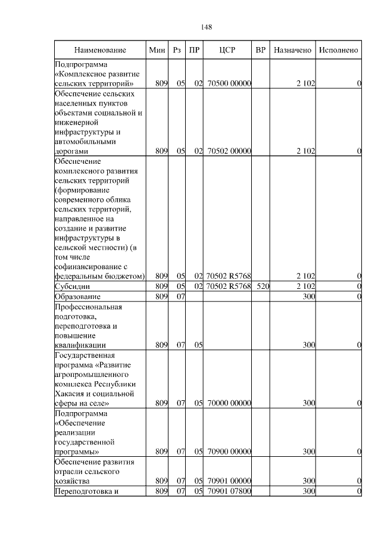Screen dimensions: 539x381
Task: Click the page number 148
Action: click(206, 27)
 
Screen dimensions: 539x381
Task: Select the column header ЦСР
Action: click(228, 50)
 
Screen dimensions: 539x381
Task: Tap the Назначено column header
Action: click(292, 50)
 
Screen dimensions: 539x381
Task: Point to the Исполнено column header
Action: click(338, 50)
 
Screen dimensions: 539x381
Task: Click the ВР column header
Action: click(261, 50)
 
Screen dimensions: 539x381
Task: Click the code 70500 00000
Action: click(229, 84)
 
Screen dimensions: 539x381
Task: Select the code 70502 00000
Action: click(229, 151)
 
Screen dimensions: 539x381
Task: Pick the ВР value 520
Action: click(263, 286)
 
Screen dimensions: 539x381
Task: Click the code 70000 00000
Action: click(229, 403)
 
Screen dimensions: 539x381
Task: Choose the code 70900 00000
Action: click(229, 452)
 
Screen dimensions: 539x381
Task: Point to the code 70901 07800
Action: click(229, 491)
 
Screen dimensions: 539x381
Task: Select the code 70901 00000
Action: click(229, 481)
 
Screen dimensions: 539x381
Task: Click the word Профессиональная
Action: click(88, 307)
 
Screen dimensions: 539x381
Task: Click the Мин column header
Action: click(157, 50)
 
